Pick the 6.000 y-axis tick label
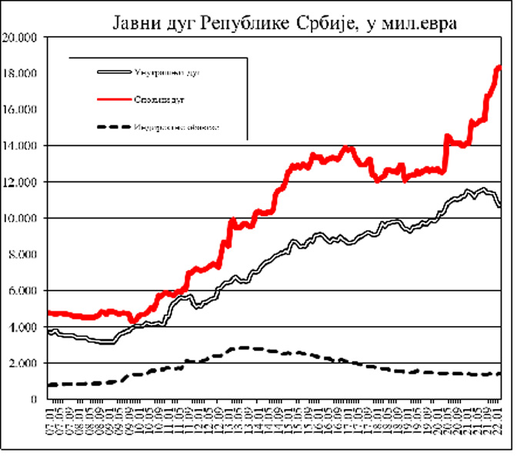click(x=22, y=291)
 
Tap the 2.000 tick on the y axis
click(x=22, y=363)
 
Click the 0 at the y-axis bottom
click(x=34, y=399)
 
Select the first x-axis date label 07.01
click(x=52, y=421)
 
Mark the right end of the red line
click(x=499, y=68)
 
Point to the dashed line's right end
click(x=500, y=374)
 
